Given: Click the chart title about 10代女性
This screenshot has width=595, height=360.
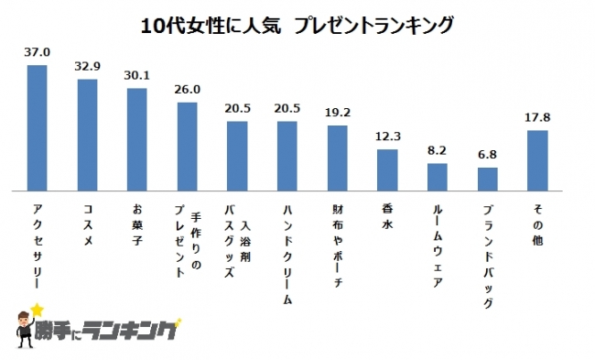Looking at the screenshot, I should [x=297, y=27].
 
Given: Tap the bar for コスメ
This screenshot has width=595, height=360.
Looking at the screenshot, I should [x=87, y=134].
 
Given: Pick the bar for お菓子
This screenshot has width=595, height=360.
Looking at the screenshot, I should [x=136, y=139].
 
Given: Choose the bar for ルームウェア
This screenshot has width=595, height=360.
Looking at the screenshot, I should [x=438, y=177].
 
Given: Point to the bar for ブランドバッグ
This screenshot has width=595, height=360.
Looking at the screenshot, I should [x=488, y=179].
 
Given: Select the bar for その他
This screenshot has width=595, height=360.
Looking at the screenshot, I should [x=537, y=160].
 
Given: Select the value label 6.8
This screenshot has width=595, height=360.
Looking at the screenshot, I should [x=488, y=157].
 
